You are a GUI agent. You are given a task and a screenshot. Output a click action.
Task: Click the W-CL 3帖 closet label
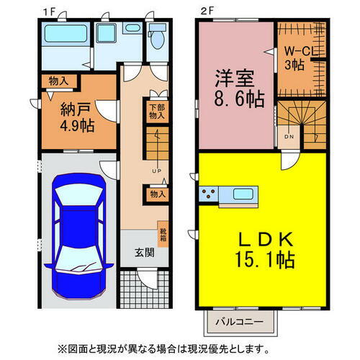[296, 58]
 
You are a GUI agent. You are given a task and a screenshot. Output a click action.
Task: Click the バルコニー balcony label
[241, 320]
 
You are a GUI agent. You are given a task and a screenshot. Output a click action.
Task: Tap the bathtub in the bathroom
[60, 35]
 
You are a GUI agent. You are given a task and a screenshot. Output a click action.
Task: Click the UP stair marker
[156, 171]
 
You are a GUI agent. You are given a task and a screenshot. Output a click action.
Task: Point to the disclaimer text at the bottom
[180, 348]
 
